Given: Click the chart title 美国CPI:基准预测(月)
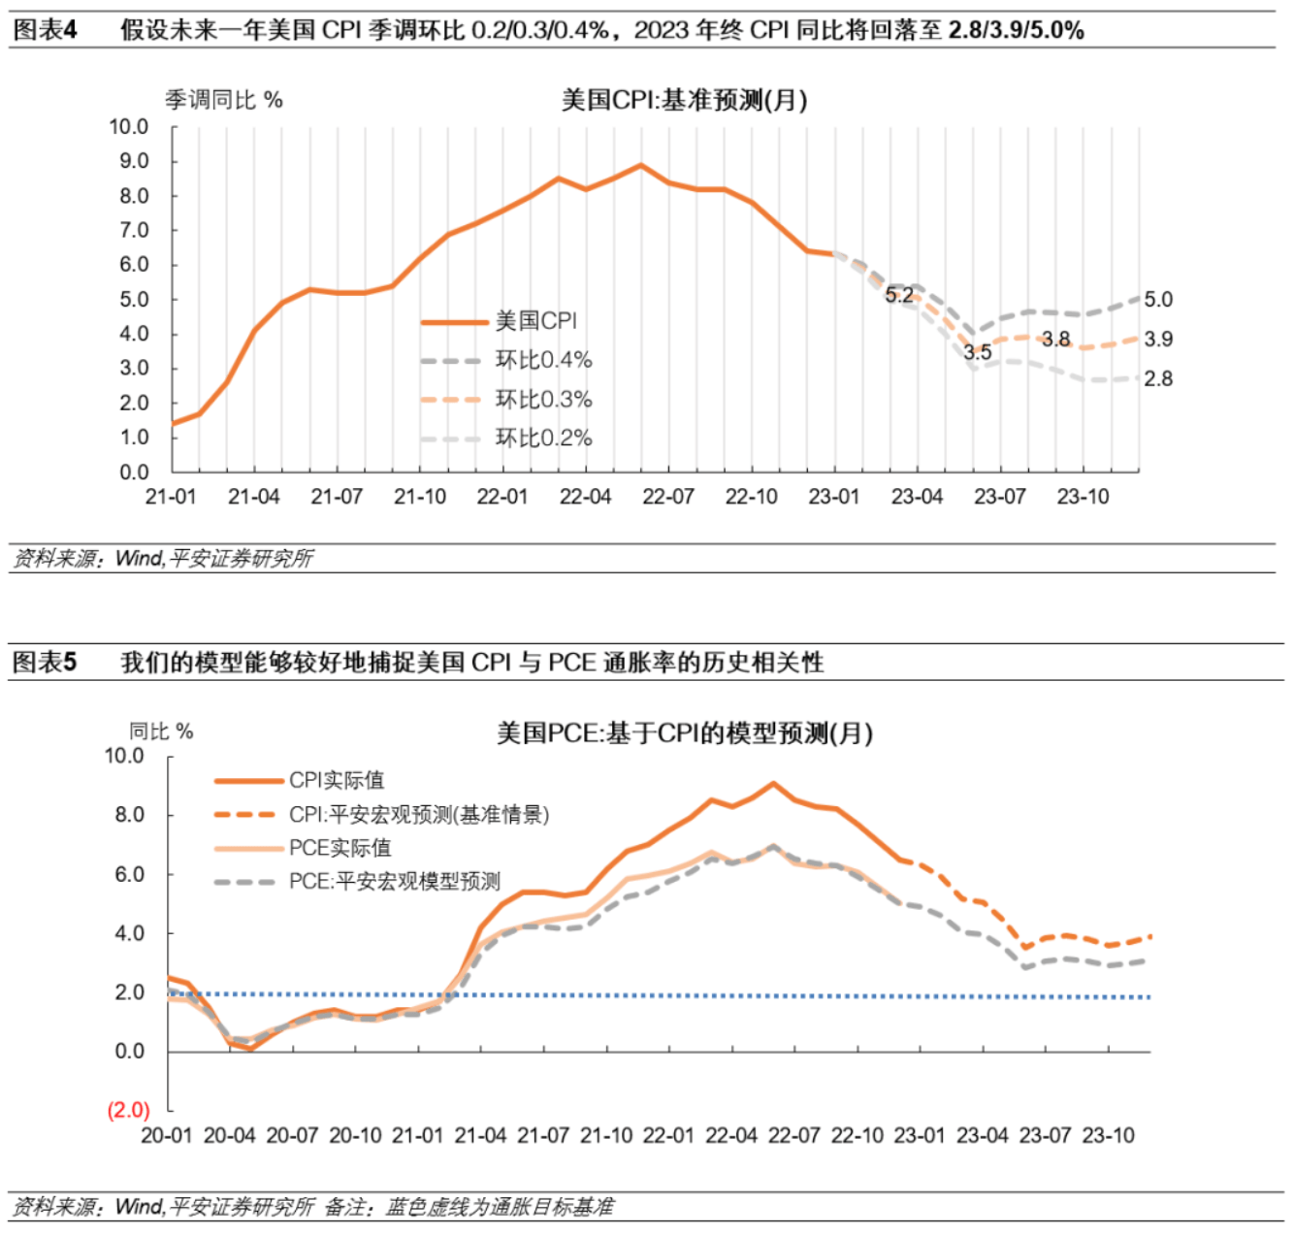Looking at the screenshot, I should coord(684,100).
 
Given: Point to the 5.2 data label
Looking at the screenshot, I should coord(899,296).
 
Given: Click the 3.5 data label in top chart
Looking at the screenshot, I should coord(978,352).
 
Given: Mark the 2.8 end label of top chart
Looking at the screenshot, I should coord(1158,379).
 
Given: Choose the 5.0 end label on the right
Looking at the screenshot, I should coord(1158,300).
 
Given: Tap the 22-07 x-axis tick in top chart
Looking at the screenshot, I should coord(668,497).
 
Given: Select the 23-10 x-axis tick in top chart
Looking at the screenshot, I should coord(1083,497).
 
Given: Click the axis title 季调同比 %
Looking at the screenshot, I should coord(224,100).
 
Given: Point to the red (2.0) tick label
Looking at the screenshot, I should coord(129,1110).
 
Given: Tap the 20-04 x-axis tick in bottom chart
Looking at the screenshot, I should coord(230,1136).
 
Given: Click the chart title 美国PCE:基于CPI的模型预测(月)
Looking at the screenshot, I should coord(685,733).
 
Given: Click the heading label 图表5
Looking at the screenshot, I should coord(45,663).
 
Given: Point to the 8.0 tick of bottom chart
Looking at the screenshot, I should coord(129,815).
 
